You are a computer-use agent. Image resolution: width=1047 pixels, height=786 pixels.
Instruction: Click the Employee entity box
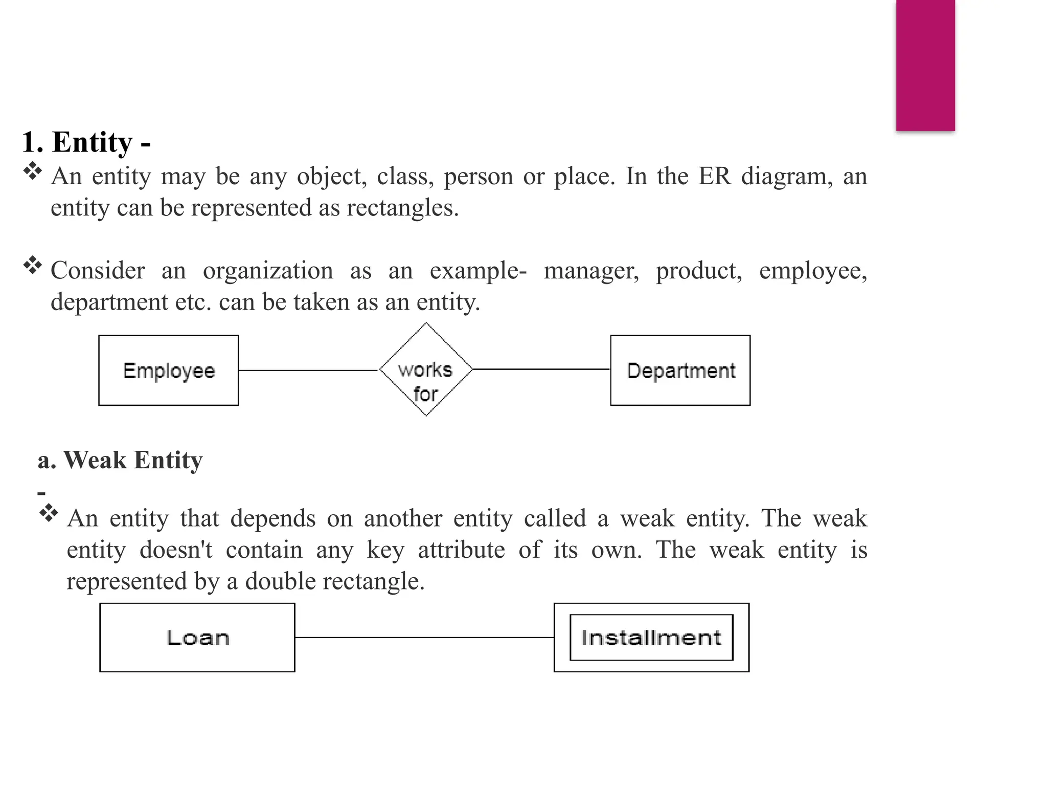pyautogui.click(x=168, y=370)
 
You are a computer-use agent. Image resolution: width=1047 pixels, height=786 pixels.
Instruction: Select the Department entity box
pyautogui.click(x=680, y=370)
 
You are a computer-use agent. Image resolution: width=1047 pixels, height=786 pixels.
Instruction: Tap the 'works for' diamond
pyautogui.click(x=426, y=369)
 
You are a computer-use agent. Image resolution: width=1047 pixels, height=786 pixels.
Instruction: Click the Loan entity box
pyautogui.click(x=197, y=638)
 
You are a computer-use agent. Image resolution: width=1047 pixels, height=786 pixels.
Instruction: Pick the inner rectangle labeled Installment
pyautogui.click(x=651, y=638)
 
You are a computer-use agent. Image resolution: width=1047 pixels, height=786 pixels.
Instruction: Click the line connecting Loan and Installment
pyautogui.click(x=424, y=638)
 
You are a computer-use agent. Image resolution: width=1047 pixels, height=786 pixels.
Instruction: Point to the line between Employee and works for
pyautogui.click(x=308, y=370)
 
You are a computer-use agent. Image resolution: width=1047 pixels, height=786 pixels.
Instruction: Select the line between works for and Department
pyautogui.click(x=541, y=369)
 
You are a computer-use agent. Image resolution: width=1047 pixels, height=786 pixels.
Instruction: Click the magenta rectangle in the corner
pyautogui.click(x=925, y=65)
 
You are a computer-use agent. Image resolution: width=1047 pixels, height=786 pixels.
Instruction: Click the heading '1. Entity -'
pyautogui.click(x=86, y=142)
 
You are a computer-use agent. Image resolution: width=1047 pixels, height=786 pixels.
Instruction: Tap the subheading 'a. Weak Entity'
pyautogui.click(x=120, y=460)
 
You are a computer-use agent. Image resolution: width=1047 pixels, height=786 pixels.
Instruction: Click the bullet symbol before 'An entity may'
pyautogui.click(x=33, y=171)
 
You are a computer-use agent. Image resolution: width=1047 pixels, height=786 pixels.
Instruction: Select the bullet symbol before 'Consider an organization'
pyautogui.click(x=33, y=265)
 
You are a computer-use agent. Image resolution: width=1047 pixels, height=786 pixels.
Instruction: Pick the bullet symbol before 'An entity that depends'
pyautogui.click(x=49, y=513)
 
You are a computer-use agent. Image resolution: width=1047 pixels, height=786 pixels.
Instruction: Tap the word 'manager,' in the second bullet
pyautogui.click(x=591, y=271)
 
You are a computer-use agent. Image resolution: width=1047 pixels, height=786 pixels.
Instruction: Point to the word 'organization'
pyautogui.click(x=268, y=271)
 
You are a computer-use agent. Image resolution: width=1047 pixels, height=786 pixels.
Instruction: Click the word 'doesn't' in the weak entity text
pyautogui.click(x=176, y=550)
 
